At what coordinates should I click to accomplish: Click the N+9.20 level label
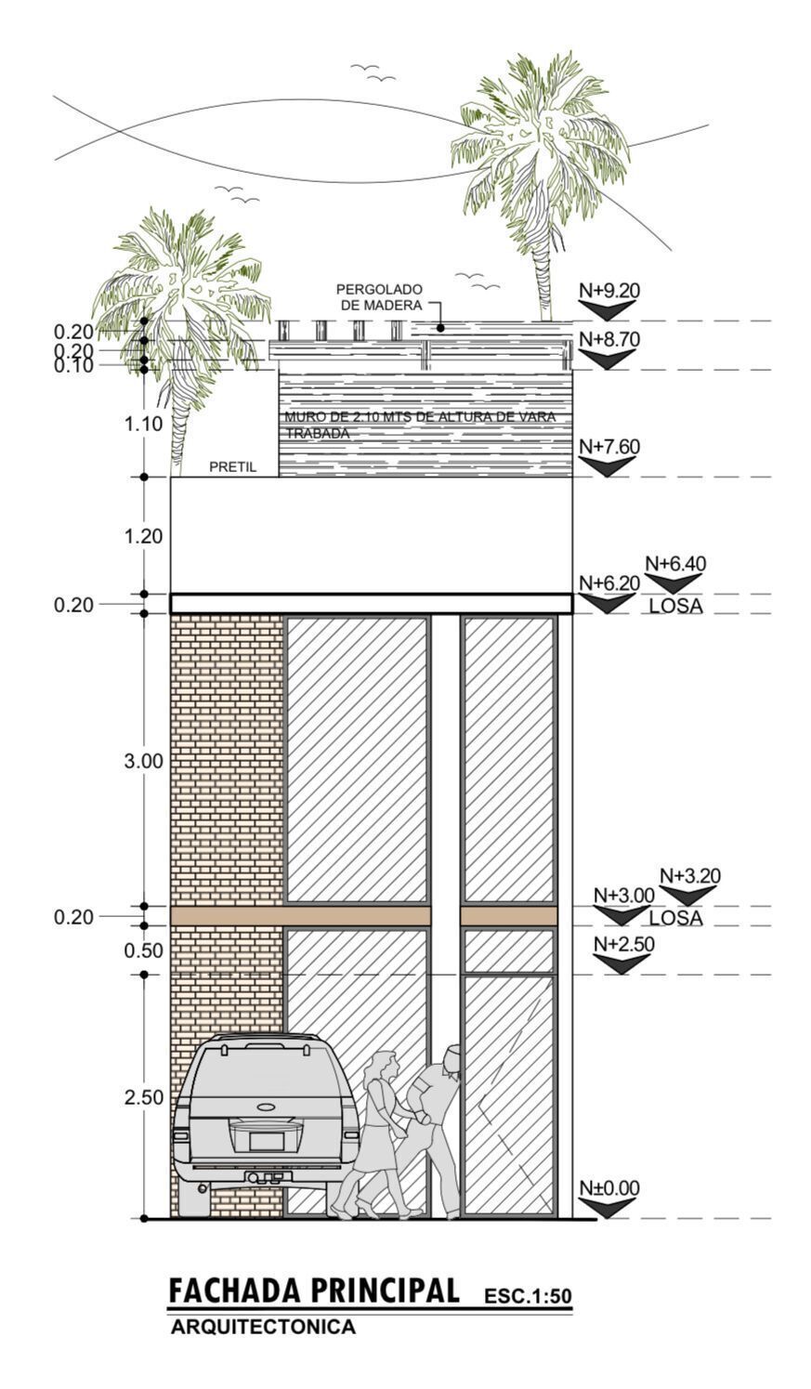click(x=608, y=290)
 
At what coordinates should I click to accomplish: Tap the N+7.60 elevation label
click(x=608, y=447)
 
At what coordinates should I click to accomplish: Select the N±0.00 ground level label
click(x=608, y=1188)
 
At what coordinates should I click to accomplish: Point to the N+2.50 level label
click(x=623, y=944)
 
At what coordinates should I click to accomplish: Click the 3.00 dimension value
click(x=143, y=762)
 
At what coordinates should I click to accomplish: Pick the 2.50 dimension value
click(x=143, y=1097)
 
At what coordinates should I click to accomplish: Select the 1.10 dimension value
click(x=143, y=425)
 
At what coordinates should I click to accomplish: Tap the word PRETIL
click(x=232, y=467)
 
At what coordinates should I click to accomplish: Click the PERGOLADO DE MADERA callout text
click(x=379, y=297)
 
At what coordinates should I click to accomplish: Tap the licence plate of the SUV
click(x=267, y=1140)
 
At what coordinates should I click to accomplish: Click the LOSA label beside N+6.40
click(x=676, y=606)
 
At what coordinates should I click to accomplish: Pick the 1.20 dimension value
click(x=143, y=536)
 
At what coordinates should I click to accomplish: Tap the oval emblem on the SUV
click(x=267, y=1106)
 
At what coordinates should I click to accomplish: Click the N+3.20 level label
click(x=689, y=876)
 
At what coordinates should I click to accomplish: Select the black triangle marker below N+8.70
click(x=607, y=359)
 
